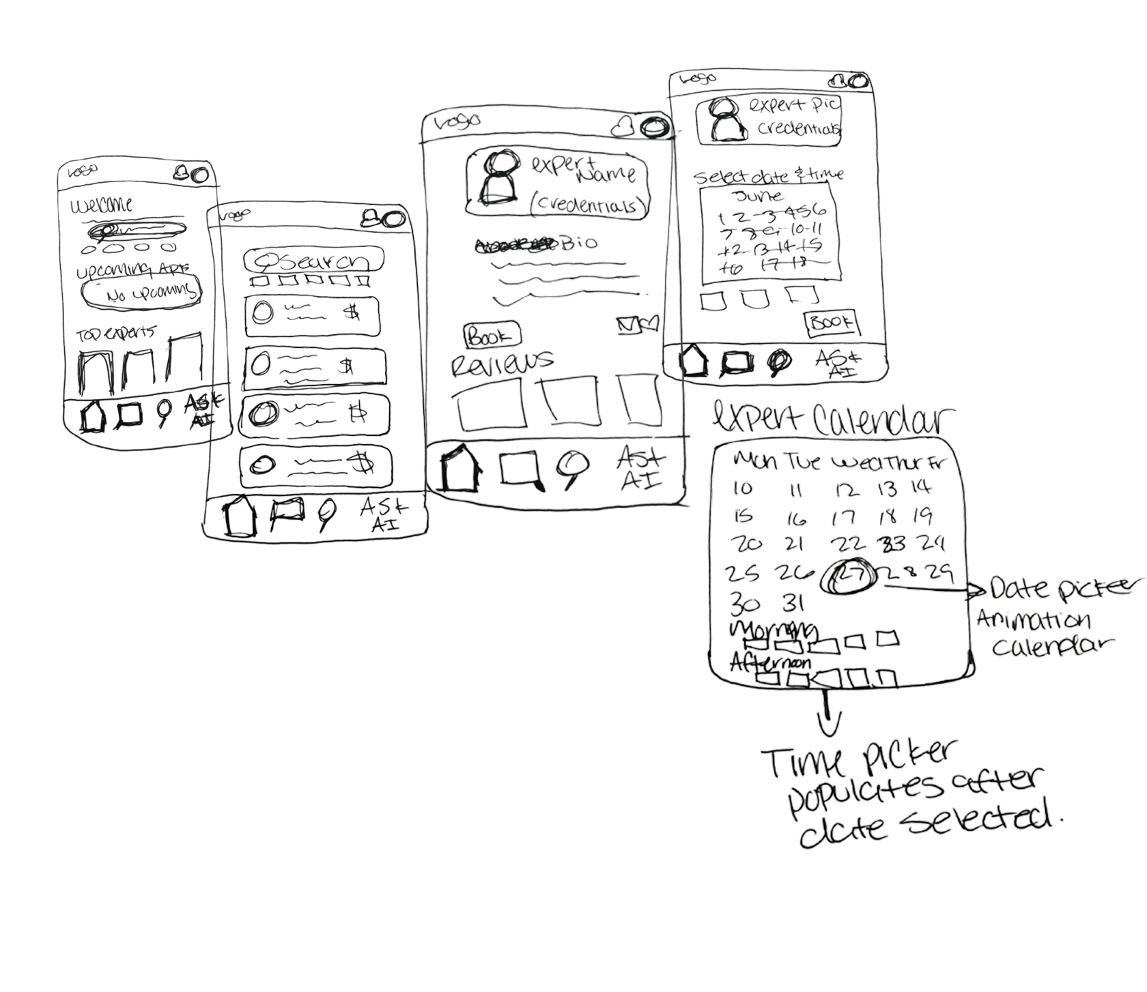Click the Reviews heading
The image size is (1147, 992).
click(502, 362)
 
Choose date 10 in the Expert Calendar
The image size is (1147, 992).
click(741, 488)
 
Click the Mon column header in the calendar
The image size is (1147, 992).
click(754, 462)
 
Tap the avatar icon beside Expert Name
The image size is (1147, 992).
click(500, 179)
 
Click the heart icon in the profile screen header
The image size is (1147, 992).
click(623, 126)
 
